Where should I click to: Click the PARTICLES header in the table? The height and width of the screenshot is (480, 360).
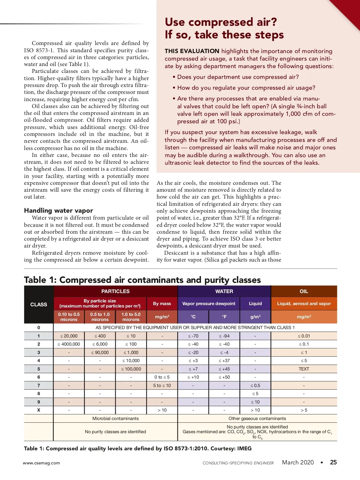pyautogui.click(x=115, y=291)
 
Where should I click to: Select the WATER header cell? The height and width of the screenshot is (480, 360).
pyautogui.click(x=224, y=291)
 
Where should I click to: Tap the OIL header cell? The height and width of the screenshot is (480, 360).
pyautogui.click(x=304, y=291)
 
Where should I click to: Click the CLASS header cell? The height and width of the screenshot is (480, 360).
pyautogui.click(x=39, y=304)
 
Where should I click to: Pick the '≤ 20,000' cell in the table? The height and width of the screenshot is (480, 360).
pyautogui.click(x=69, y=336)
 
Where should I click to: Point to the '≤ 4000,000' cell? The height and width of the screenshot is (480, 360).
pyautogui.click(x=69, y=344)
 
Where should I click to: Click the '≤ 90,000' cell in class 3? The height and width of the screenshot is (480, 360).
pyautogui.click(x=100, y=352)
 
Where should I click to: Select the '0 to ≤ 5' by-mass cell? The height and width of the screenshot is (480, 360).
pyautogui.click(x=162, y=377)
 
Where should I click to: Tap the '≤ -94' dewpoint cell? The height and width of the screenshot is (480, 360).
pyautogui.click(x=224, y=336)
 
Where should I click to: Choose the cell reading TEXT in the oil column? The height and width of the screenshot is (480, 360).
pyautogui.click(x=304, y=369)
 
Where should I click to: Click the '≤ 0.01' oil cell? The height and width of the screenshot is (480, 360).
pyautogui.click(x=304, y=336)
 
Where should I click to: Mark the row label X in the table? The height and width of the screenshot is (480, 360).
pyautogui.click(x=39, y=410)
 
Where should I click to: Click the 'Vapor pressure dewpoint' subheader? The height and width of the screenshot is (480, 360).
pyautogui.click(x=209, y=304)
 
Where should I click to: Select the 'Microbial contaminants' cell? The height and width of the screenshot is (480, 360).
pyautogui.click(x=115, y=418)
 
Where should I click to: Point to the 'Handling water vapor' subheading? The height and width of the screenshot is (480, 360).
pyautogui.click(x=58, y=210)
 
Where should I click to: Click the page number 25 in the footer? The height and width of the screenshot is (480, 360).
pyautogui.click(x=333, y=462)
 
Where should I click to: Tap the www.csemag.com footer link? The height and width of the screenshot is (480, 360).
pyautogui.click(x=41, y=463)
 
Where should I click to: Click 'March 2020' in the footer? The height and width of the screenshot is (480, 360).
pyautogui.click(x=298, y=462)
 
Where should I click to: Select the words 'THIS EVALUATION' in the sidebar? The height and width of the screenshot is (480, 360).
pyautogui.click(x=192, y=51)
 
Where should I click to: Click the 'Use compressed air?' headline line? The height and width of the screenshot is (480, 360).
pyautogui.click(x=221, y=22)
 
